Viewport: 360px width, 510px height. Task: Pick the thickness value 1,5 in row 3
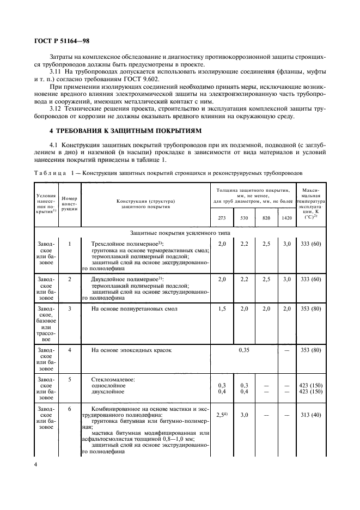222,308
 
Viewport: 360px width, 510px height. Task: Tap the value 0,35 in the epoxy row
243,350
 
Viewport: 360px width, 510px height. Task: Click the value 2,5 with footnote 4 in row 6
222,415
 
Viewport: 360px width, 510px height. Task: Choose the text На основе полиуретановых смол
135,308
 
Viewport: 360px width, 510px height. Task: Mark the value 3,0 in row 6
243,415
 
